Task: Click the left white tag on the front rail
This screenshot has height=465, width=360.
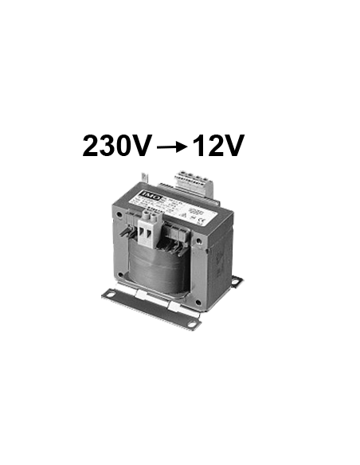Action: coord(140,300)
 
